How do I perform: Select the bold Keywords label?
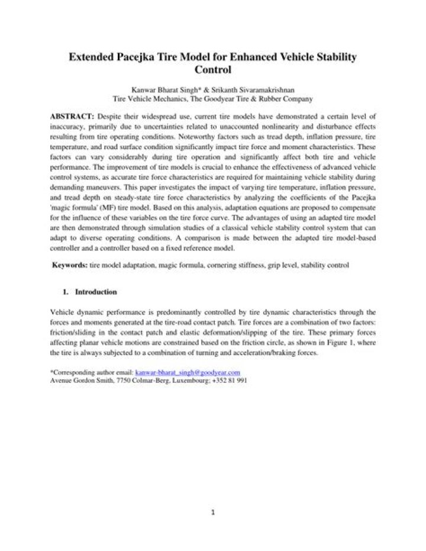coord(70,266)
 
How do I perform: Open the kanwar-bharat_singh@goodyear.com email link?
coord(188,372)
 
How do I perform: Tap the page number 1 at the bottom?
coord(213,512)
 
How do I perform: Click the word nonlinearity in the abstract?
coord(263,126)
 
